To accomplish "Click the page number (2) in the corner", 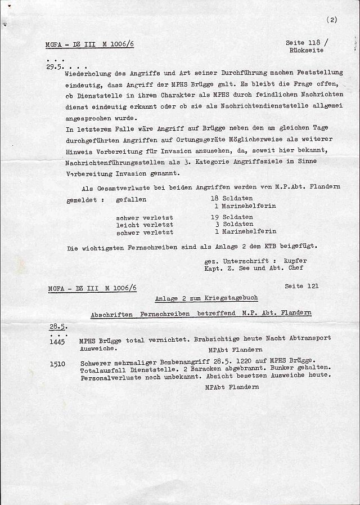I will (x=331, y=20).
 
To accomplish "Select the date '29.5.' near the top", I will (x=55, y=66).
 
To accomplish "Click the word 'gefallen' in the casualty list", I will (x=131, y=199).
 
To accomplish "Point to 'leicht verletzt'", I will (x=144, y=225).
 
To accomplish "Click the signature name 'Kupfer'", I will (x=295, y=261).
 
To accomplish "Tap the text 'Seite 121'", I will (x=301, y=286).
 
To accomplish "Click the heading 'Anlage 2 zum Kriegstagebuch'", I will (x=206, y=298).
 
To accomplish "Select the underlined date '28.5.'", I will (x=58, y=326).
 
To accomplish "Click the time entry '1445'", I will (x=57, y=341).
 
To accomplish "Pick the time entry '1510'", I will (x=57, y=364).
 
